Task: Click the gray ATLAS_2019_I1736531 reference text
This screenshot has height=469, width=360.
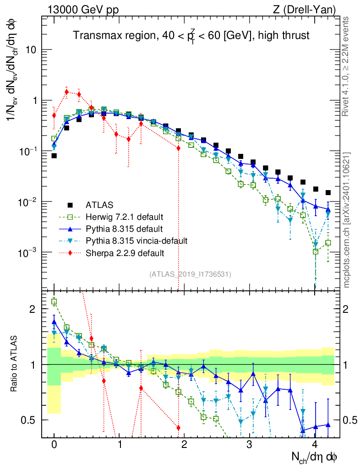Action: pos(190,274)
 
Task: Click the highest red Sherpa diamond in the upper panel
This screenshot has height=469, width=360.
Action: pos(67,92)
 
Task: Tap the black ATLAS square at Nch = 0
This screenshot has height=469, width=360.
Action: pos(54,156)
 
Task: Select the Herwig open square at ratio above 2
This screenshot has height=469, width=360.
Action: pos(54,301)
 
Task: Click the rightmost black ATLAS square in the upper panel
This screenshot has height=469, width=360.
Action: pos(328,192)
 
